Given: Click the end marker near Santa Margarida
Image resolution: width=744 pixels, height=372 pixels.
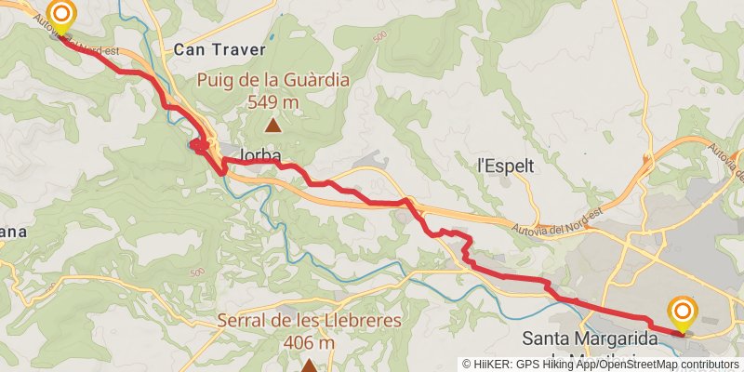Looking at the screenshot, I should pyautogui.click(x=683, y=312).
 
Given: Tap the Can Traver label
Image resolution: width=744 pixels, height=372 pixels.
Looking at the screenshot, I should pyautogui.click(x=220, y=49).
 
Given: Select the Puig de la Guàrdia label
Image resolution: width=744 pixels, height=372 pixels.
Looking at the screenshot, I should pyautogui.click(x=273, y=81).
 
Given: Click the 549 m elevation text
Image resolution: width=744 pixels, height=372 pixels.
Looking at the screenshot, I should pyautogui.click(x=273, y=101).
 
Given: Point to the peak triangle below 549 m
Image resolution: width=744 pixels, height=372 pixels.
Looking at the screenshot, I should pyautogui.click(x=273, y=124).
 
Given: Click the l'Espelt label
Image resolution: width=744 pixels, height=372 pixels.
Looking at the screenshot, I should pyautogui.click(x=505, y=166).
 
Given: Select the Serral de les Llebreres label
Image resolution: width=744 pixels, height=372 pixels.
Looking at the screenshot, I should pyautogui.click(x=309, y=321).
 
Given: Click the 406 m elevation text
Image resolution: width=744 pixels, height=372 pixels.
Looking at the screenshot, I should pyautogui.click(x=309, y=342).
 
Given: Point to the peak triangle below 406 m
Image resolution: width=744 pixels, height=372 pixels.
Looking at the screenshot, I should pyautogui.click(x=309, y=365).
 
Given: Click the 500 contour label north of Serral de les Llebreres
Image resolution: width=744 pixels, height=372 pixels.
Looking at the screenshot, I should pyautogui.click(x=196, y=272).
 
